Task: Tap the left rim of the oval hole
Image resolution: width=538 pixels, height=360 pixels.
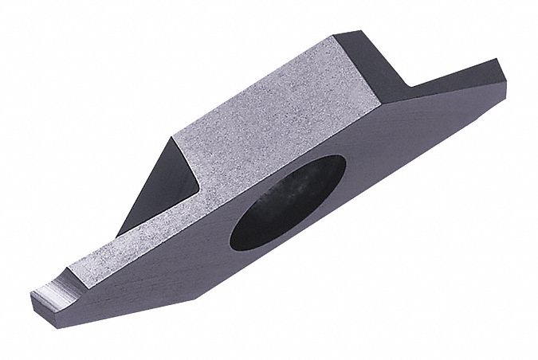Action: (x=233, y=227)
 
